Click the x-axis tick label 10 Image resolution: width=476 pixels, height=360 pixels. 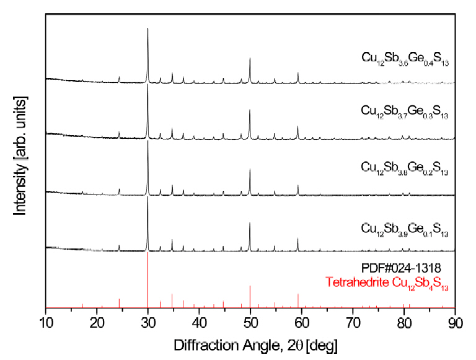46,322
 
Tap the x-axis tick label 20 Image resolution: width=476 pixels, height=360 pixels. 97,322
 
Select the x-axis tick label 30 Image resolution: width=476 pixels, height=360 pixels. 148,322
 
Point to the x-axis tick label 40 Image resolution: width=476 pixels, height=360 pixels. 199,322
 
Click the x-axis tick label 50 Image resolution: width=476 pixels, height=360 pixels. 250,322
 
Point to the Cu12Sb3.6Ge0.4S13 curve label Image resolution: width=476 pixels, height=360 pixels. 405,59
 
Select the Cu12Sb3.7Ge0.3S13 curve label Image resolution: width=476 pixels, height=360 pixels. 405,112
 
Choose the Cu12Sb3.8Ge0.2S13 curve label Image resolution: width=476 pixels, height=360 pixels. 405,167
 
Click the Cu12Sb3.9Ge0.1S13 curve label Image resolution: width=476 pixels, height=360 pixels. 405,227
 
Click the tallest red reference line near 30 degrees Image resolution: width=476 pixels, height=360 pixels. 148,279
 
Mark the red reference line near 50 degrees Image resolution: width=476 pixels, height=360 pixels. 250,296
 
